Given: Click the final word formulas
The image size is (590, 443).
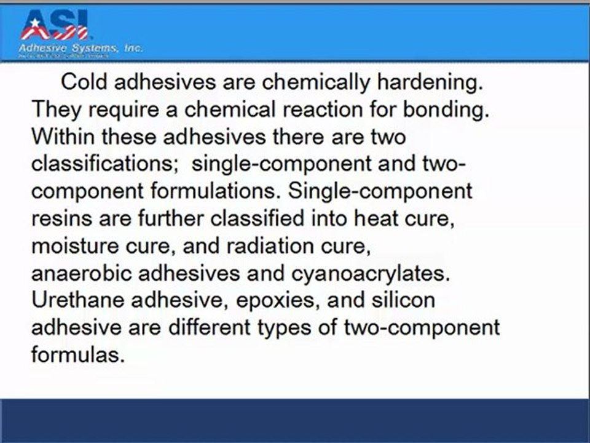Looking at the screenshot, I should pos(77,354).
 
